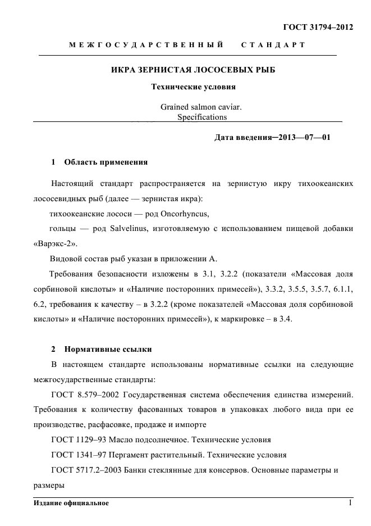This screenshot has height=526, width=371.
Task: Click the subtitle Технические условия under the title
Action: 193,87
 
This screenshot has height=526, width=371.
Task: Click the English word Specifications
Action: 201,117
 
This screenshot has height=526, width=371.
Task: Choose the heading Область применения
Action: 106,162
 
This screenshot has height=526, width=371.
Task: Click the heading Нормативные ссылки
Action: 108,349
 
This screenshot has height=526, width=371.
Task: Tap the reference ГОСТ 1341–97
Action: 78,455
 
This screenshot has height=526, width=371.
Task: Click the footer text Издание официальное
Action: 71,503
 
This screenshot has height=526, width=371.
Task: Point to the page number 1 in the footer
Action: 350,502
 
